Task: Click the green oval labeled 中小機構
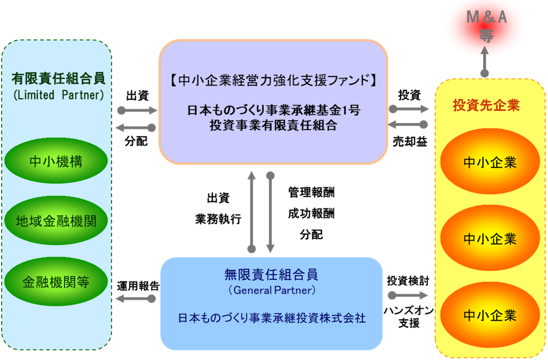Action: pyautogui.click(x=56, y=162)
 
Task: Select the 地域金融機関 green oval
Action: pyautogui.click(x=56, y=222)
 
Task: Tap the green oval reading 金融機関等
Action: pyautogui.click(x=56, y=282)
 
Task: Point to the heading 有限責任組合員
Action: pyautogui.click(x=57, y=78)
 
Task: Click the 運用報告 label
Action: pyautogui.click(x=138, y=286)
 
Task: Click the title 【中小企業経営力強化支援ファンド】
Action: pyautogui.click(x=273, y=81)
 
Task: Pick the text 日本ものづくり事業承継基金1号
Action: pyautogui.click(x=273, y=110)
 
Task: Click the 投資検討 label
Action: pyautogui.click(x=408, y=281)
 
